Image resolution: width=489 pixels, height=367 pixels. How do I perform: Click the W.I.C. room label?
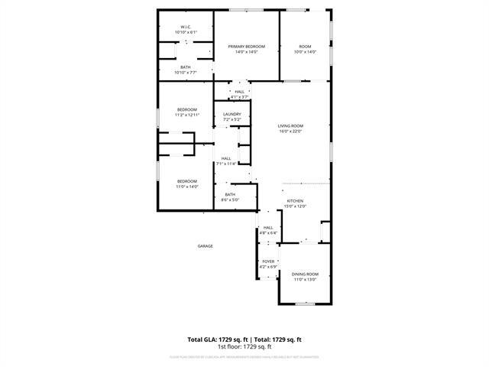pyautogui.click(x=186, y=27)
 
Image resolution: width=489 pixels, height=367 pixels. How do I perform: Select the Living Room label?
pyautogui.click(x=290, y=125)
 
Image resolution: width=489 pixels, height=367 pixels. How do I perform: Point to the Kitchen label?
pyautogui.click(x=295, y=200)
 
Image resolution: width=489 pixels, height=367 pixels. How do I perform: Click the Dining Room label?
pyautogui.click(x=305, y=274)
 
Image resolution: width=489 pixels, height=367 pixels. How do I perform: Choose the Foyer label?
pyautogui.click(x=268, y=261)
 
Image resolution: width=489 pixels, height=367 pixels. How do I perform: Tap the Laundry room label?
pyautogui.click(x=232, y=115)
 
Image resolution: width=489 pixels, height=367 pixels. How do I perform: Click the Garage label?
pyautogui.click(x=206, y=245)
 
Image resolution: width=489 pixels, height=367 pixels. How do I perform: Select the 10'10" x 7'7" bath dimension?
pyautogui.click(x=186, y=73)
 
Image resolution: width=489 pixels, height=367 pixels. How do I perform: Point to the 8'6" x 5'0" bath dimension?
pyautogui.click(x=230, y=200)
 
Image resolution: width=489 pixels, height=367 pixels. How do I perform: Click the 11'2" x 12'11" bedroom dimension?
pyautogui.click(x=187, y=115)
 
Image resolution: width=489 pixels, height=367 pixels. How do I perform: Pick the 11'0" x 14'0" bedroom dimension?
pyautogui.click(x=187, y=187)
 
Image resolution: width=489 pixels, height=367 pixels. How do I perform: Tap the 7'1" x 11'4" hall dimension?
pyautogui.click(x=226, y=164)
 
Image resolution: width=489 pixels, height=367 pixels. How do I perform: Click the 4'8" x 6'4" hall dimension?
pyautogui.click(x=268, y=232)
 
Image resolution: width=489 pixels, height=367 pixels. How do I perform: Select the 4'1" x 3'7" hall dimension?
pyautogui.click(x=240, y=97)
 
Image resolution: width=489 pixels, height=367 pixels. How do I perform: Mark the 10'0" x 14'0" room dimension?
pyautogui.click(x=305, y=52)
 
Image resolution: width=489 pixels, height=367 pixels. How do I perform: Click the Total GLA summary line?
pyautogui.click(x=244, y=339)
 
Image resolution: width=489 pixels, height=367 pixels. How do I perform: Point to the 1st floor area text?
pyautogui.click(x=244, y=346)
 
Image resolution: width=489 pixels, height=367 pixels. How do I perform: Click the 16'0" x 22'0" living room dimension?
pyautogui.click(x=290, y=131)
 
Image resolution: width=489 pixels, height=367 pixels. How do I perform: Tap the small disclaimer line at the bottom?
pyautogui.click(x=244, y=356)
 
